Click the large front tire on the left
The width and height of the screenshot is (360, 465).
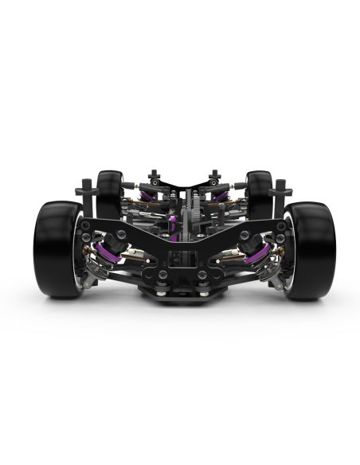(54, 248)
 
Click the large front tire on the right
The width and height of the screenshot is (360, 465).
(311, 248)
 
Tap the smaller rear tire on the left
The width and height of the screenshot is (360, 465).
(109, 191)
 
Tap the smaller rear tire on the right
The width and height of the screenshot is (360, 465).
(259, 191)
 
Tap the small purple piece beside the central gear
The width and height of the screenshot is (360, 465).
(172, 227)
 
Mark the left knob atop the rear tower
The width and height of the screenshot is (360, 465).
(155, 174)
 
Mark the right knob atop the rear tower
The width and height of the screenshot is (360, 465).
(213, 174)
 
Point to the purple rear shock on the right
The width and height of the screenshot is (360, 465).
(221, 194)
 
